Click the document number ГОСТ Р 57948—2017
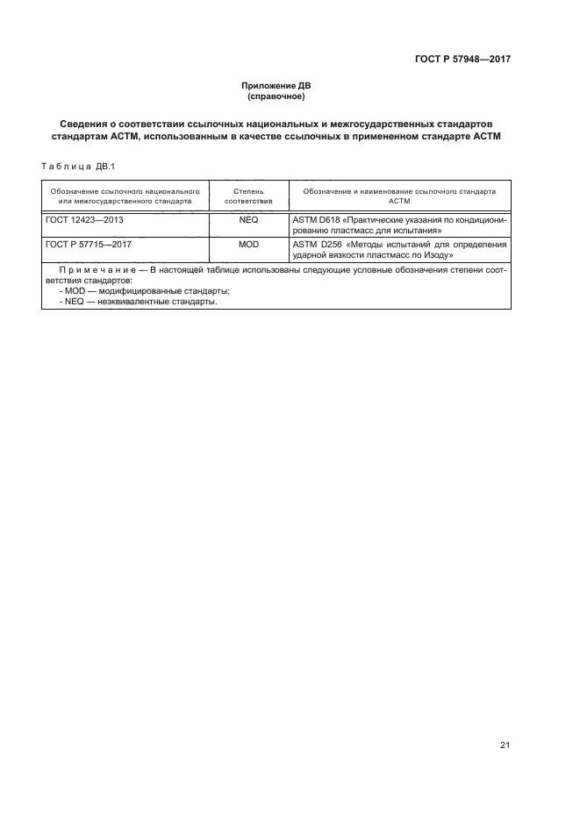click(x=463, y=60)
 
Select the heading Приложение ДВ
click(x=276, y=86)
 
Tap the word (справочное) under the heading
click(x=276, y=96)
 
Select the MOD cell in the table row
click(x=248, y=244)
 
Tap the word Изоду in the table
click(x=434, y=254)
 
